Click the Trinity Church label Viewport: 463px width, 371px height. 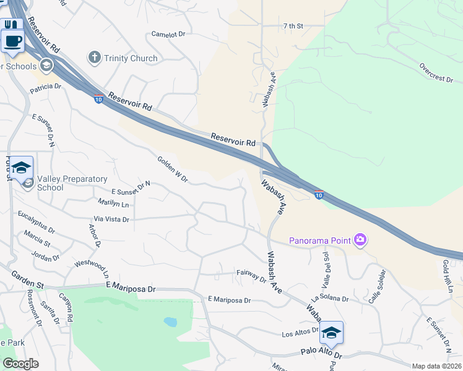coord(131,58)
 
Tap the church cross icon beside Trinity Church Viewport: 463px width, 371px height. coord(94,58)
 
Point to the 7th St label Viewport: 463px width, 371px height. coord(293,26)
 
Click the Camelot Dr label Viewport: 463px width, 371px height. coord(168,35)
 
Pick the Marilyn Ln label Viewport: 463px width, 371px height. coord(113,203)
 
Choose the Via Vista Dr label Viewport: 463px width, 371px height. coord(111,219)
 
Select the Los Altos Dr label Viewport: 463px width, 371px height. coord(300,334)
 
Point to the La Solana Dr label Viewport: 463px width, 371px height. coord(331,299)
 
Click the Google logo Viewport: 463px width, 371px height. coord(20,364)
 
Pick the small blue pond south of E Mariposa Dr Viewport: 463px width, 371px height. coord(168,322)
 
